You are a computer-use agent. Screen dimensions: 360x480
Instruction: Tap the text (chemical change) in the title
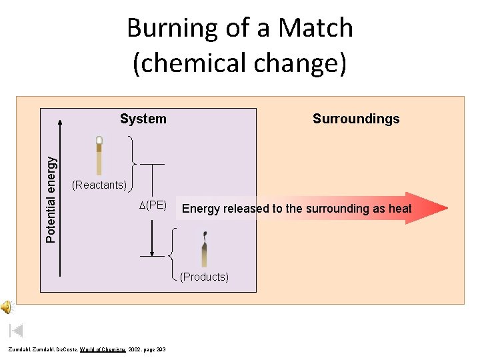coord(240,63)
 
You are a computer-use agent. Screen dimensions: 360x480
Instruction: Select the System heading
coord(143,119)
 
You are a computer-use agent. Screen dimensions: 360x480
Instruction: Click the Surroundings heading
coord(356,119)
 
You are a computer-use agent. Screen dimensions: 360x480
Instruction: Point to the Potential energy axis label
coord(51,199)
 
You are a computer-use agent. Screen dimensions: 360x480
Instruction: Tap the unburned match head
coord(99,141)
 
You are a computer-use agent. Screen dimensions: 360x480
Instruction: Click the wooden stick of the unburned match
coord(99,161)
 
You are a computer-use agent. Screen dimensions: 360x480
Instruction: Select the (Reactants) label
coord(99,185)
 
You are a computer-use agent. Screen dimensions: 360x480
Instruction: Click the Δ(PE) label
coord(153,205)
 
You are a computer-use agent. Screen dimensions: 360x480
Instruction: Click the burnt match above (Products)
coord(204,251)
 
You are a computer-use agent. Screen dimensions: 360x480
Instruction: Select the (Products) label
coord(204,277)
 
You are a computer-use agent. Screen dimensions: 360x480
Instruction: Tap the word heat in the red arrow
coord(400,209)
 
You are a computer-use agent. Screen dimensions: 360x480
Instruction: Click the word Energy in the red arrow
coord(201,209)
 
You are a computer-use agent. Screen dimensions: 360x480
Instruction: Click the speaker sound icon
coord(6,307)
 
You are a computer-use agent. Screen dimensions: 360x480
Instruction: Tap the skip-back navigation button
coord(17,330)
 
